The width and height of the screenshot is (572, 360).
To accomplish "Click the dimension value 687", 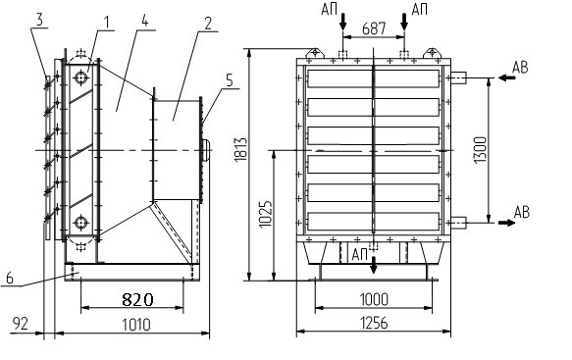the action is (374, 28).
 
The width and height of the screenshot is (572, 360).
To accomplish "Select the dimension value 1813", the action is (240, 149).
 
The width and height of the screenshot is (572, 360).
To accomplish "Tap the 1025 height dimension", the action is (266, 214).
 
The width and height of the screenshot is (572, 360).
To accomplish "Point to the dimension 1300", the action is (481, 150).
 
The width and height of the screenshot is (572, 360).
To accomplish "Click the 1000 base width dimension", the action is (374, 299).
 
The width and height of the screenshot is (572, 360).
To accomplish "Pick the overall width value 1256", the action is (374, 323).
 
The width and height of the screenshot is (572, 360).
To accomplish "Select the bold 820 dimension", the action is (137, 300).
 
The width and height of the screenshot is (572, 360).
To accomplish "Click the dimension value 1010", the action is (135, 325).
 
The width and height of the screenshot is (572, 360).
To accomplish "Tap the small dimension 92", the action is (21, 323).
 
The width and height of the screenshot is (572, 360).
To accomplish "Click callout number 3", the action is (39, 20).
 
